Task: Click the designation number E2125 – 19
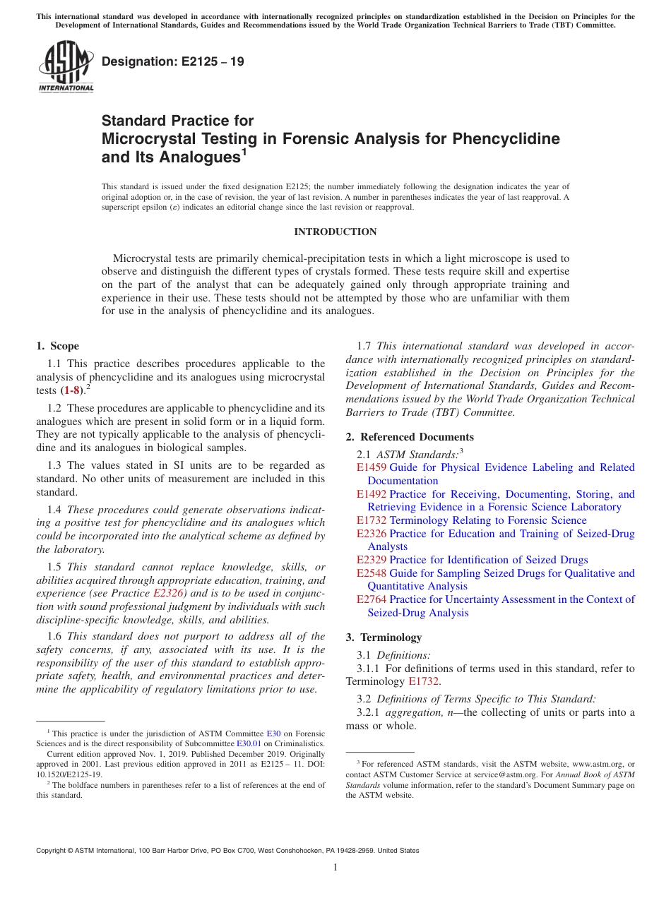click(x=173, y=61)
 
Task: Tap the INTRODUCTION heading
click(x=335, y=232)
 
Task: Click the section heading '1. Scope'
click(x=58, y=346)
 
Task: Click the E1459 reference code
click(x=372, y=467)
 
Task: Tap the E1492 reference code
click(x=372, y=494)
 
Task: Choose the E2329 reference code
click(x=372, y=560)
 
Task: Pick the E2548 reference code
click(x=372, y=573)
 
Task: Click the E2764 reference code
click(x=372, y=599)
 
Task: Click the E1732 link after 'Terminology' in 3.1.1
click(x=424, y=681)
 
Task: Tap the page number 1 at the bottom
click(x=335, y=868)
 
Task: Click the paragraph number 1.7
click(x=364, y=346)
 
